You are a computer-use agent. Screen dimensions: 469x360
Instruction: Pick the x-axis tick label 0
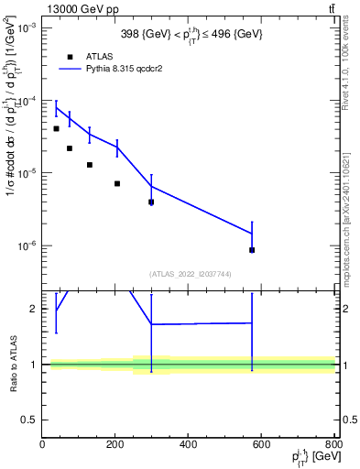pyautogui.click(x=42, y=444)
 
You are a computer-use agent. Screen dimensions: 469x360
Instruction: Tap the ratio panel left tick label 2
pyautogui.click(x=33, y=309)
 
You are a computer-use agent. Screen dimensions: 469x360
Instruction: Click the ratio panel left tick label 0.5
pyautogui.click(x=29, y=420)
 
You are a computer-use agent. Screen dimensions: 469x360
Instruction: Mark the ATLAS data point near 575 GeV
pyautogui.click(x=252, y=250)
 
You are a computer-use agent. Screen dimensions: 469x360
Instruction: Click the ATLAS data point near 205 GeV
pyautogui.click(x=117, y=183)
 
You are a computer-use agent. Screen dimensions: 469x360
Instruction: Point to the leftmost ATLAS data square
pyautogui.click(x=56, y=128)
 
